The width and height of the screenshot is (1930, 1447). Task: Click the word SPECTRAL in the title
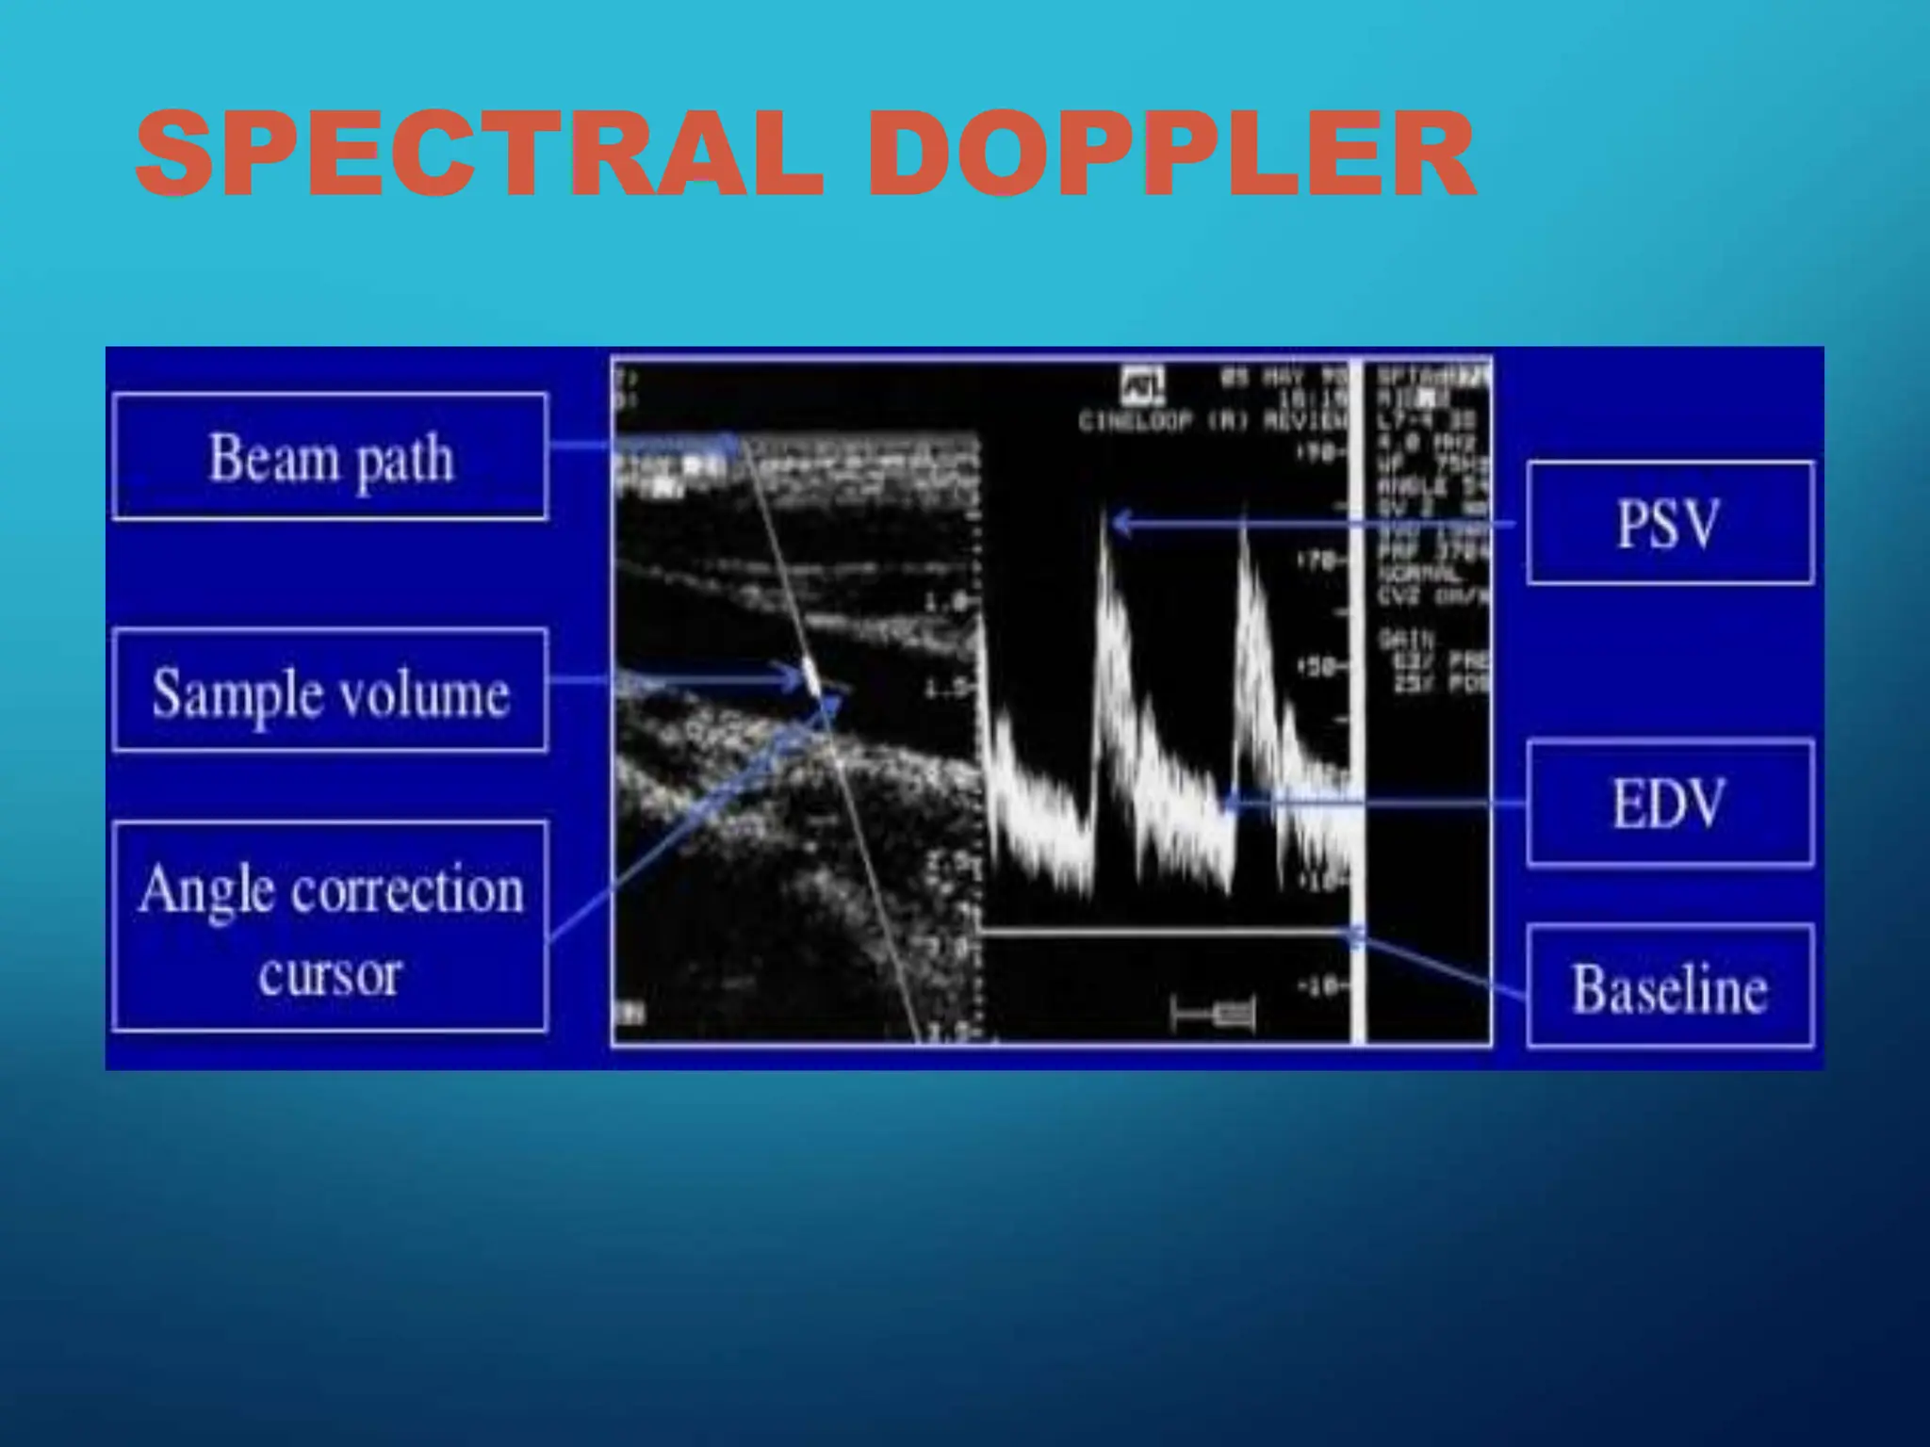coord(480,154)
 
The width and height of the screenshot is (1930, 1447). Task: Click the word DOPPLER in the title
coord(1170,154)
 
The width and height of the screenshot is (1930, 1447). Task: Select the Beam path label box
coord(330,457)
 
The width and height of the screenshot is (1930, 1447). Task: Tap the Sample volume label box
coord(330,691)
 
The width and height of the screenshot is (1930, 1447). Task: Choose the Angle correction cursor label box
coord(330,927)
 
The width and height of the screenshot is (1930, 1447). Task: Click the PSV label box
coord(1669,523)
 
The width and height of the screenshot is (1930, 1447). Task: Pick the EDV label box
coord(1669,804)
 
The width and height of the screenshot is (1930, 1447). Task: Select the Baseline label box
coord(1669,987)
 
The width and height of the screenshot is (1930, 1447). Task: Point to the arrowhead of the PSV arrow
coord(1118,522)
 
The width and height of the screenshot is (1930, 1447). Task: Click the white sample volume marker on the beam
coord(810,677)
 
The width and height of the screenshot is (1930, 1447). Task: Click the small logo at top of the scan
coord(1143,383)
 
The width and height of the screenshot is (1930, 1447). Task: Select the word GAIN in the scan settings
coord(1404,639)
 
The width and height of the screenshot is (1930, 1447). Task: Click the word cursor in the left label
coord(330,974)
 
